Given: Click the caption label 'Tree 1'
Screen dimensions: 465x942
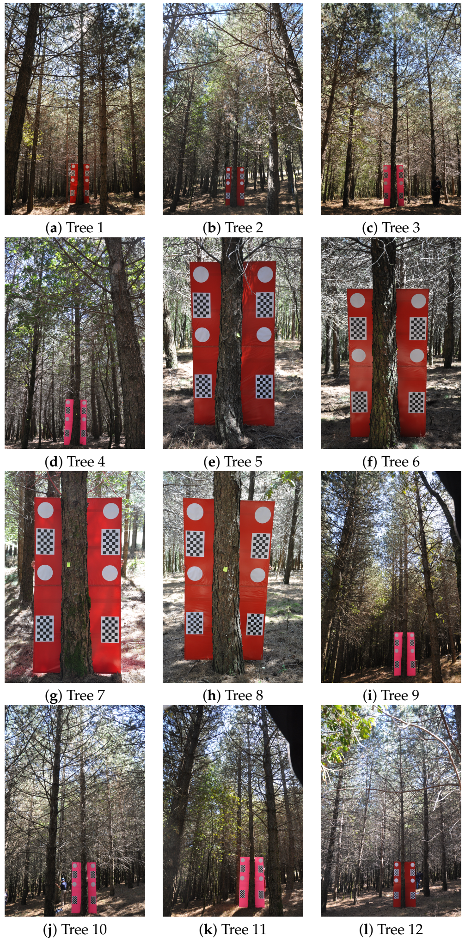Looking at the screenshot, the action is click(x=85, y=227).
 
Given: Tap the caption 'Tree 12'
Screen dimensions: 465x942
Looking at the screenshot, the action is click(x=400, y=929).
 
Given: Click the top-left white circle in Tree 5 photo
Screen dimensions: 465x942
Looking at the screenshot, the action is click(x=201, y=274).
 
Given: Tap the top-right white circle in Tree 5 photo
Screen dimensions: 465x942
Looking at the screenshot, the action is click(x=265, y=274).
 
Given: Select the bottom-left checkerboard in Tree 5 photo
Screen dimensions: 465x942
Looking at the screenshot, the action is click(x=203, y=386).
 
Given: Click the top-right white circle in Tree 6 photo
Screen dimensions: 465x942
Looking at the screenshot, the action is click(x=418, y=301).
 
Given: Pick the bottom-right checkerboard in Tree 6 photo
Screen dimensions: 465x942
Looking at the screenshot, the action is click(x=416, y=402).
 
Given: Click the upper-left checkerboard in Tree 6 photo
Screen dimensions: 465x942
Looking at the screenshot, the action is click(x=358, y=328).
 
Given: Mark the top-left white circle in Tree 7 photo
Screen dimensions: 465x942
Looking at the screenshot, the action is click(x=45, y=511).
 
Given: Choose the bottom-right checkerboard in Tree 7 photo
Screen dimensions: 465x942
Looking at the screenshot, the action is click(x=110, y=629).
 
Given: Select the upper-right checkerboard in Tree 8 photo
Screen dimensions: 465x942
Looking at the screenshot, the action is click(x=261, y=545).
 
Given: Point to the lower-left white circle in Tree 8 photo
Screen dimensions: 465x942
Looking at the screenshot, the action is click(x=195, y=574).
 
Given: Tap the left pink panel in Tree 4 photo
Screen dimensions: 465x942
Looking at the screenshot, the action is click(x=68, y=422).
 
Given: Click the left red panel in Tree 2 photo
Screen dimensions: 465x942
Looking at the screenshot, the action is click(x=228, y=186).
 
